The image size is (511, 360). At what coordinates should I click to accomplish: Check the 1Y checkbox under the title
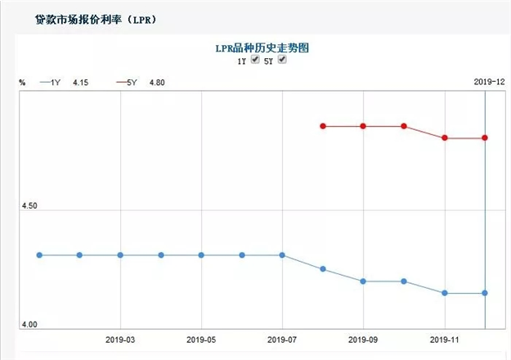coord(255,61)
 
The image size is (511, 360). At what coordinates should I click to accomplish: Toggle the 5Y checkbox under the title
coord(283,61)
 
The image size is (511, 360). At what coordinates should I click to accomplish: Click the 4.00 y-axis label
coord(30,326)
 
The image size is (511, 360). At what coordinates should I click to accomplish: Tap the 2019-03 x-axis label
coord(120,339)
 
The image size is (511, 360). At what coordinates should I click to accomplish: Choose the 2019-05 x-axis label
coord(201,339)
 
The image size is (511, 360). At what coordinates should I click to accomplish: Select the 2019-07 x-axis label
coord(282,339)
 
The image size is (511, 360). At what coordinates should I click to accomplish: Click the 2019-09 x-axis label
coord(363,339)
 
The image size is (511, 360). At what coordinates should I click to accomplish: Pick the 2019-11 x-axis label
coord(444,339)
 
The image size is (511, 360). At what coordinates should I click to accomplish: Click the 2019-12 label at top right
coord(490,81)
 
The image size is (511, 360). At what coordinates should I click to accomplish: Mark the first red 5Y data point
coord(323,126)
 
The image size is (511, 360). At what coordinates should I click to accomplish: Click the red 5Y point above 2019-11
coord(445,138)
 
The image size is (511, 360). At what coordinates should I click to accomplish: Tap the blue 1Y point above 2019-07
coord(282,255)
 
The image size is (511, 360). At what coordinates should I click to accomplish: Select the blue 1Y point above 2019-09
coord(363,281)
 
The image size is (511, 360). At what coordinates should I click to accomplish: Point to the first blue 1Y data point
coord(38,255)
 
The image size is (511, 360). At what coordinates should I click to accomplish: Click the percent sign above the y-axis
coord(23,83)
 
